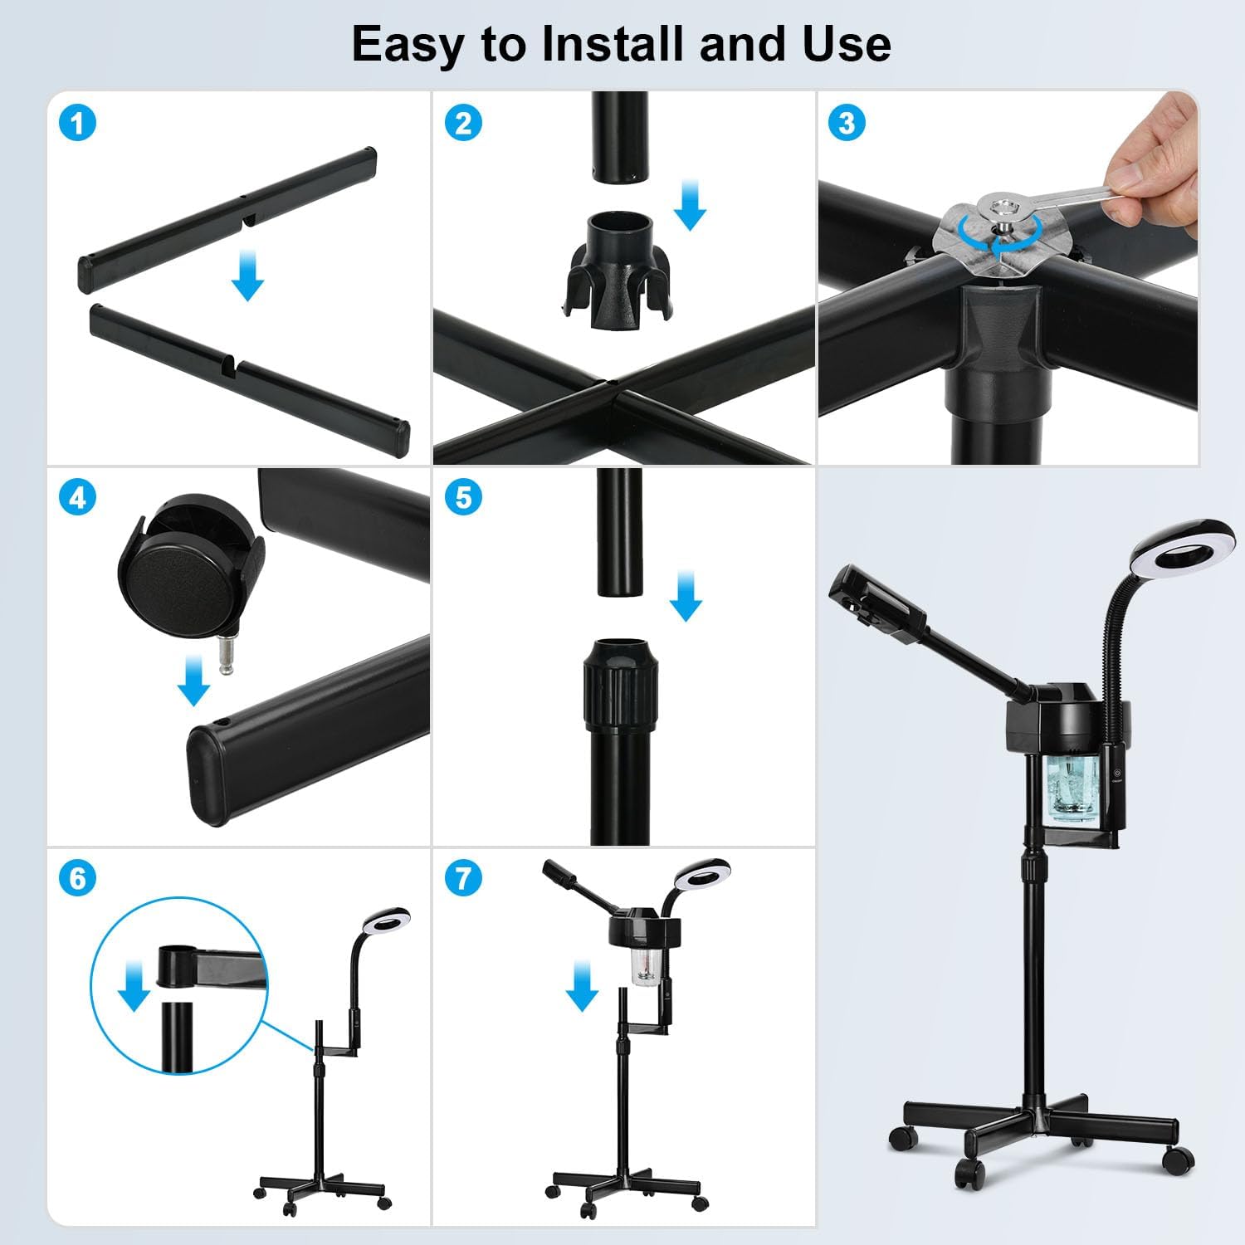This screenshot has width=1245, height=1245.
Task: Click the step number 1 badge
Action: point(78,124)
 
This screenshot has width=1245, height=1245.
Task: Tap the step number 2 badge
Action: point(463,124)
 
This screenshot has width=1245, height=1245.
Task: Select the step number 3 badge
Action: point(847,123)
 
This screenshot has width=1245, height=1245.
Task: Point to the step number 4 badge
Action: point(78,498)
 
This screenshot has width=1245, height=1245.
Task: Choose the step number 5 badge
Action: point(463,498)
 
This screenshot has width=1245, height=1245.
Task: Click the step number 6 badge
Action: point(78,878)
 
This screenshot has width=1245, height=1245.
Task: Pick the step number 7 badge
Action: point(463,878)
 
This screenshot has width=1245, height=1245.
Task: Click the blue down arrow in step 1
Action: point(247,276)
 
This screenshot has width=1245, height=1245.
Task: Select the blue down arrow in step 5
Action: point(686,595)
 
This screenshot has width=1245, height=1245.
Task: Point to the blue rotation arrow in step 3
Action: point(1010,233)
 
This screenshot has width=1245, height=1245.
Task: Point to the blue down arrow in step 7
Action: point(582,985)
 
